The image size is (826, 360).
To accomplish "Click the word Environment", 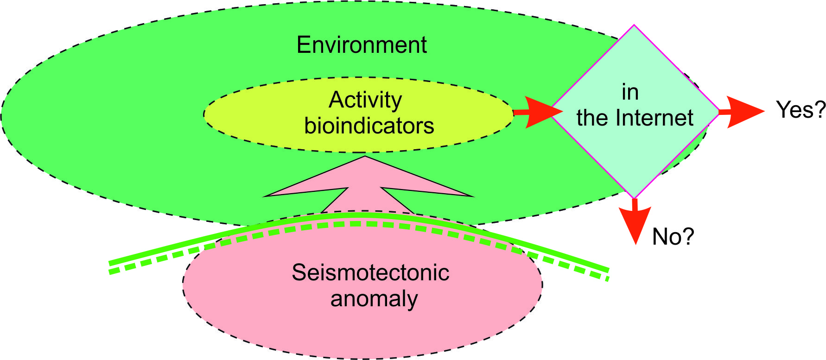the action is [362, 45].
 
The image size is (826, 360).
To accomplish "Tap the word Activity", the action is [365, 101].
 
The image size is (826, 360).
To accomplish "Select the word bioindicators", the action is [369, 126].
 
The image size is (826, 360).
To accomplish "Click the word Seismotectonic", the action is [370, 272].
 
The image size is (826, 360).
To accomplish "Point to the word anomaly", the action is [374, 299].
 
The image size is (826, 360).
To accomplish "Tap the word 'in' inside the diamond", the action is [630, 92].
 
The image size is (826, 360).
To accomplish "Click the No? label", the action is [673, 237].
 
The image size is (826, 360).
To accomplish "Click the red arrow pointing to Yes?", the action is [741, 112].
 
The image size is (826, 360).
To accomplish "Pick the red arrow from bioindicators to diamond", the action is [538, 112].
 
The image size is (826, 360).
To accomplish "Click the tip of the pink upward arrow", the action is [365, 156].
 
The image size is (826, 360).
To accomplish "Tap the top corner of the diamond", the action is [634, 25].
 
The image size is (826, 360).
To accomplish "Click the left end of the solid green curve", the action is [109, 263].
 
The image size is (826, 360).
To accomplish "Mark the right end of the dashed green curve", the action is [607, 278].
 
